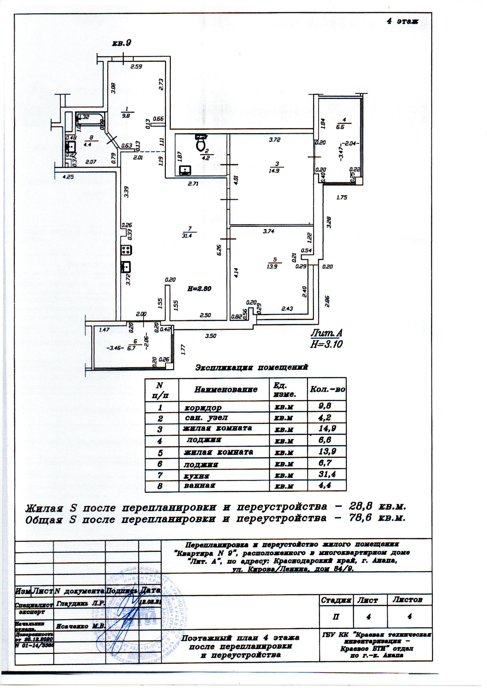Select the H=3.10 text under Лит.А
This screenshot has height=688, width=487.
(326, 344)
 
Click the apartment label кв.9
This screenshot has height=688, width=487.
(122, 43)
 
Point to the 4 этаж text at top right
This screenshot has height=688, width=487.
(402, 21)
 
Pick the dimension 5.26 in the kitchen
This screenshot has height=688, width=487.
(220, 250)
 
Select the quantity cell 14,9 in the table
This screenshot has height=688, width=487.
(327, 428)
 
